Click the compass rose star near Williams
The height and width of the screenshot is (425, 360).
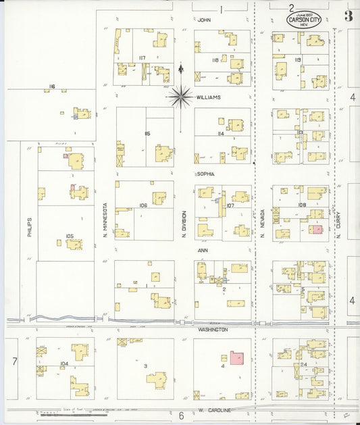pos(180,97)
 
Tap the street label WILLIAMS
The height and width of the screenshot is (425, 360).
pos(208,97)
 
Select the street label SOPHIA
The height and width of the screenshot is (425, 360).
pos(206,174)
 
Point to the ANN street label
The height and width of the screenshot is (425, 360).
pos(203,249)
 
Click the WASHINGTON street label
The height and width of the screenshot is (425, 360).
pos(212,330)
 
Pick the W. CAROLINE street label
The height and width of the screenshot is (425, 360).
pos(217,410)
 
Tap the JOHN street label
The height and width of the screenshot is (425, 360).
pos(204,20)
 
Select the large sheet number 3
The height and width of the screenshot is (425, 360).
pos(349,16)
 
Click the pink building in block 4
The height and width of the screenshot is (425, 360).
pos(237,357)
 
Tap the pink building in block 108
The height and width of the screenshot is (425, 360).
pos(316,229)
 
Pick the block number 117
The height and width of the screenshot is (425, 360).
pos(142,57)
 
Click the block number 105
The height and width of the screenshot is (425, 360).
pos(69,236)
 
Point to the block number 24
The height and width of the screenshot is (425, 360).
pos(304,365)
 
